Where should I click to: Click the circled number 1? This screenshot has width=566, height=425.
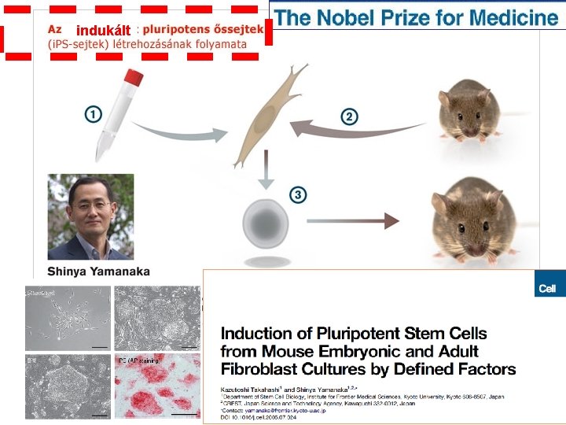(93, 115)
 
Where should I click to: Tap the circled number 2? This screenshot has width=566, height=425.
(349, 116)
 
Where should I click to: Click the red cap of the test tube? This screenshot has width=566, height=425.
(134, 77)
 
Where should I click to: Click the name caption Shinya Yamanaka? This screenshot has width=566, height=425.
(99, 272)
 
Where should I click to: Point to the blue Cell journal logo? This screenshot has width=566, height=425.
(547, 288)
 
